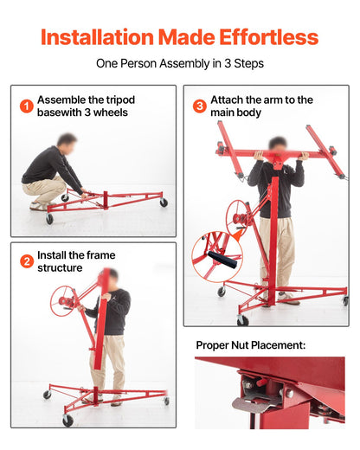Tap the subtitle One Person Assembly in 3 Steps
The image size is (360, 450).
(180, 63)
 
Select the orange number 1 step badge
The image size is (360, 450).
(27, 106)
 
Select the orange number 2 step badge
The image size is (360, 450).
(27, 261)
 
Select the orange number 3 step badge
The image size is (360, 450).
(199, 106)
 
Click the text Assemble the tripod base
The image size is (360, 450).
(86, 106)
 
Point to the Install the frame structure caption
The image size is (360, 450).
(76, 261)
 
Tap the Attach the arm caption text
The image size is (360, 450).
(261, 106)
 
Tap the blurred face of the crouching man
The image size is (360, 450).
(66, 140)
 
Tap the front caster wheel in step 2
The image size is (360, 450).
(67, 421)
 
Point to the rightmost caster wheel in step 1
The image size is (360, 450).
(164, 202)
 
